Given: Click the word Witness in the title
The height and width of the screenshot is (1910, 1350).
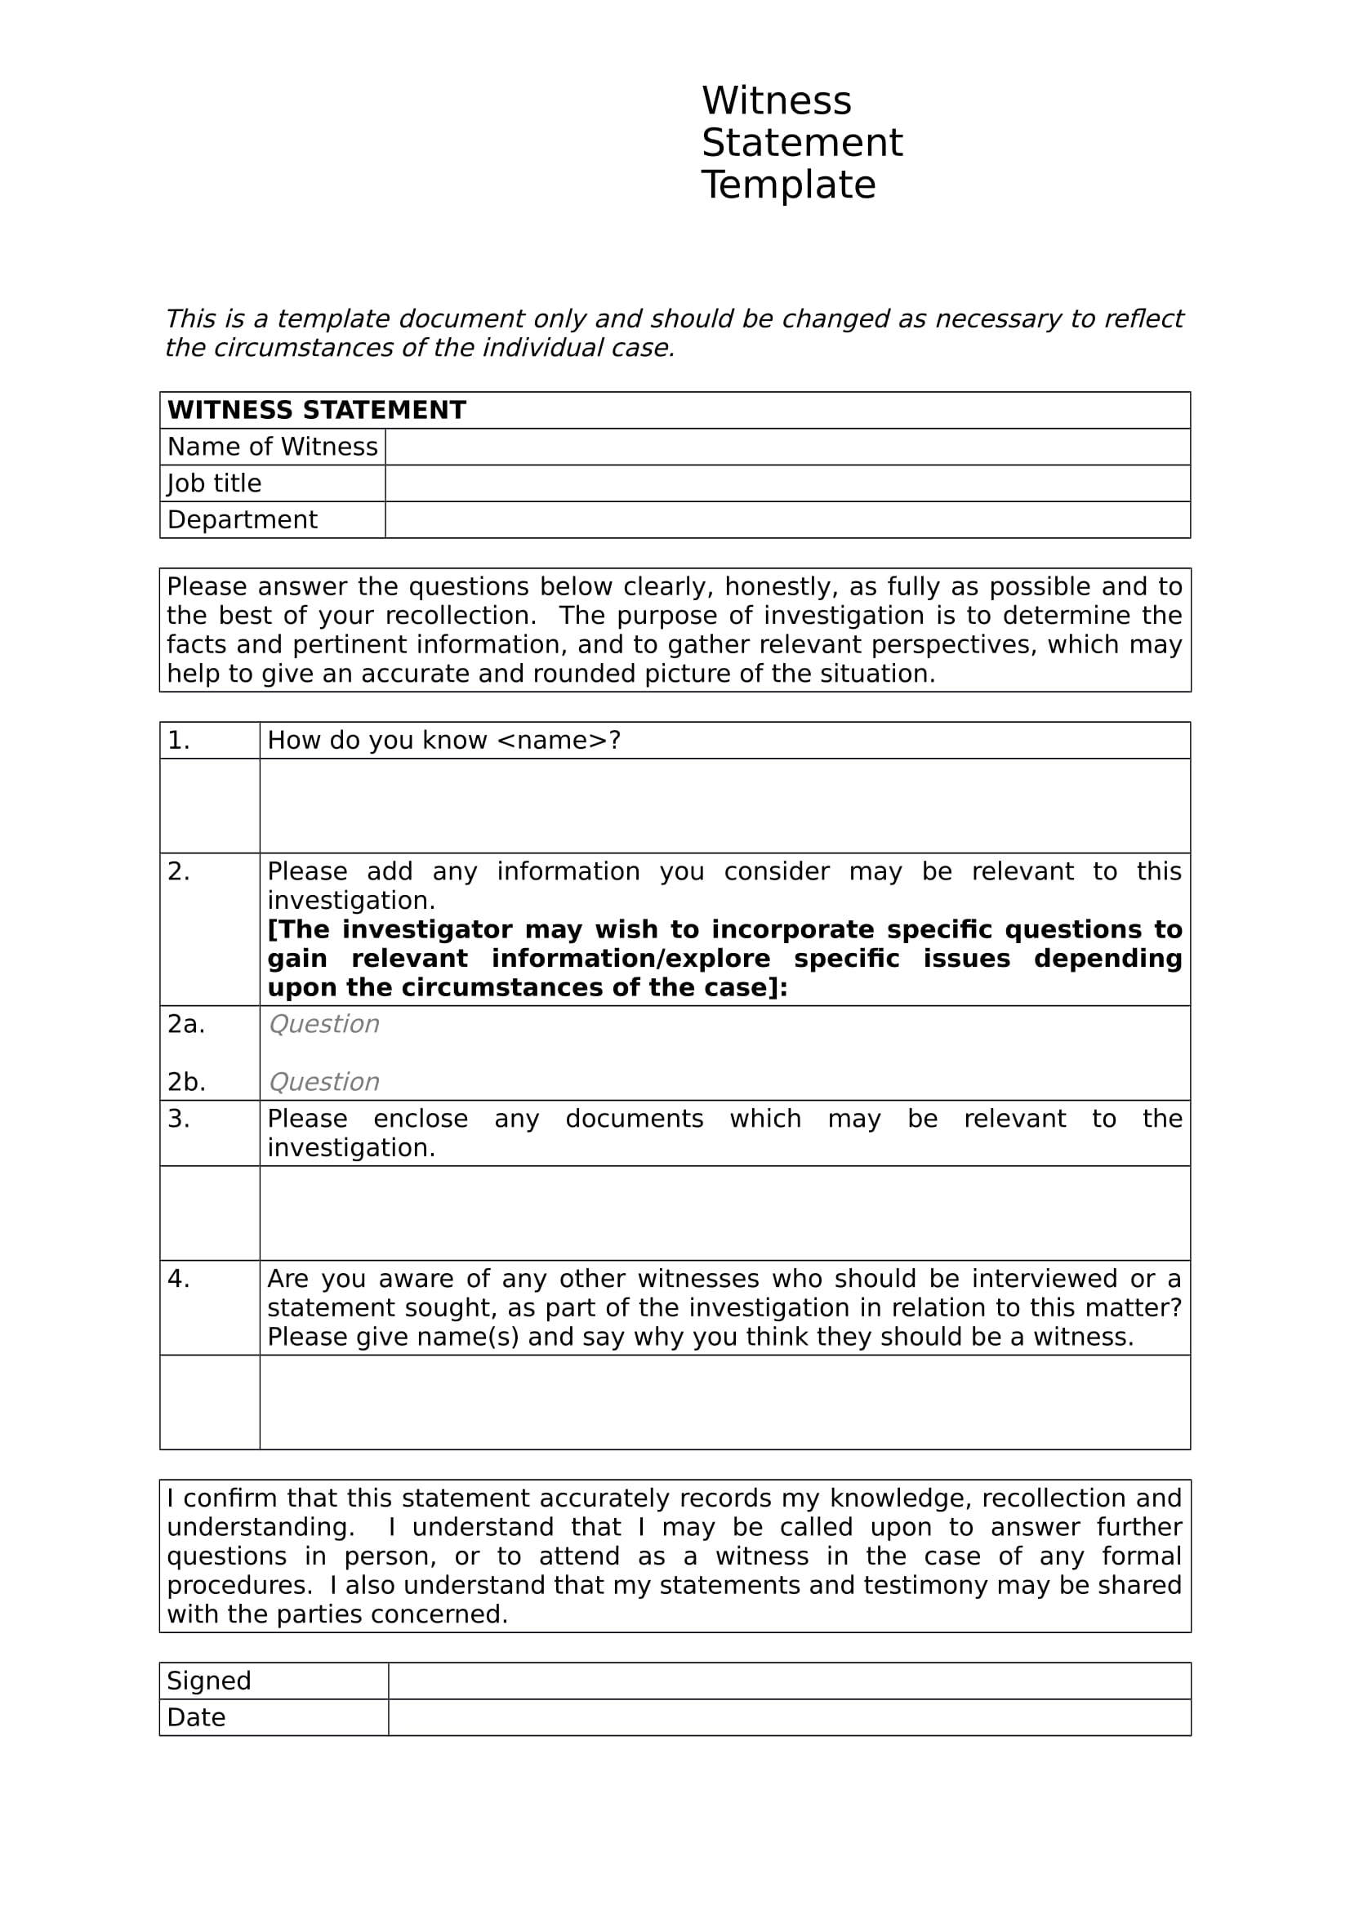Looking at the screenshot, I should coord(776,101).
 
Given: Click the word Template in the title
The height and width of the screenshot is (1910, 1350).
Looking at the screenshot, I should coord(788,185).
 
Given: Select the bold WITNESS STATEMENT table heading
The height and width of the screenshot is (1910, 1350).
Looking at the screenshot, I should coord(316,410).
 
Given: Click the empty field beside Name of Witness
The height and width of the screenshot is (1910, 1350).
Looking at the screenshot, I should coord(786,447).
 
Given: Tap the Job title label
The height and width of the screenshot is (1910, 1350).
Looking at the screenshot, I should coord(214,483).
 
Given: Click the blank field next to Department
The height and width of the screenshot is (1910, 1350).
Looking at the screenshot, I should coord(786,520).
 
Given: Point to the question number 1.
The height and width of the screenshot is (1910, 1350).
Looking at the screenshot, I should coord(178,741).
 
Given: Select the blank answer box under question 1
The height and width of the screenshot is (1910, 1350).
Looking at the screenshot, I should coord(724,805).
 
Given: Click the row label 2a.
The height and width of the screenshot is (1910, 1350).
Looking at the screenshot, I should coord(185,1024).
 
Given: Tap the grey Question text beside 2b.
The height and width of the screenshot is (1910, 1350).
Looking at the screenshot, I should coord(323,1082).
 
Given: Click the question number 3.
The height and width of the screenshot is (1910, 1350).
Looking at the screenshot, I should coord(178,1119).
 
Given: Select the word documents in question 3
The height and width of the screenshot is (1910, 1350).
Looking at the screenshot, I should coord(634,1119).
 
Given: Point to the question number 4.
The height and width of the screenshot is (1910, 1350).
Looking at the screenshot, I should coord(178,1279).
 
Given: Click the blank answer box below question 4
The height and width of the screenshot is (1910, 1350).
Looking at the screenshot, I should coord(724,1402).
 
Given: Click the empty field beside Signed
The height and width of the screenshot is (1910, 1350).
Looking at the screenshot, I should coord(789,1681).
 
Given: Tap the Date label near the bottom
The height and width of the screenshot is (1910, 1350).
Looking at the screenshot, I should coord(195,1717).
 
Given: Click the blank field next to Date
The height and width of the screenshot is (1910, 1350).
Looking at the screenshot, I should coord(789,1717).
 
